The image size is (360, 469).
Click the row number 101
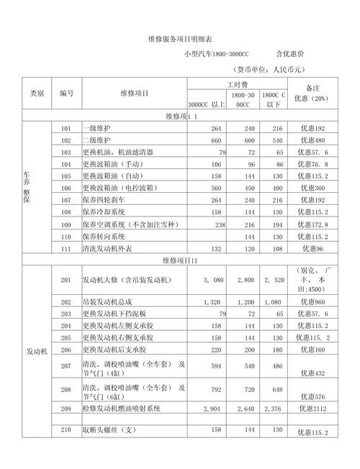[66, 128]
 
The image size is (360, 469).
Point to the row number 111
[66, 248]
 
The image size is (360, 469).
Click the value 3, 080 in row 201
[215, 279]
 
